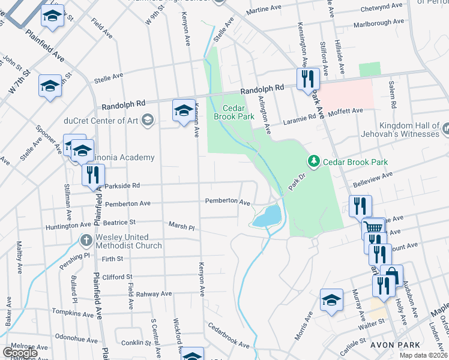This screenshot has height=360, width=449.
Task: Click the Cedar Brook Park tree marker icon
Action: click(x=313, y=161)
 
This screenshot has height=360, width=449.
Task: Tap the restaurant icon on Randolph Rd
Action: click(x=308, y=79)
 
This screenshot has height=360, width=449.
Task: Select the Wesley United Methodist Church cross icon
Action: click(x=85, y=241)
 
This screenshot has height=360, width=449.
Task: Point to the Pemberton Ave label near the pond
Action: click(x=228, y=202)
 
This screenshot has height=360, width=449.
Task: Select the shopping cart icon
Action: click(x=373, y=228)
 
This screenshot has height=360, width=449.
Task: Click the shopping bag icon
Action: click(x=391, y=276)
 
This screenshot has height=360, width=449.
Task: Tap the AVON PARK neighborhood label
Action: click(x=391, y=345)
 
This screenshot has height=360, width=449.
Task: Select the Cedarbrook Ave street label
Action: click(x=229, y=336)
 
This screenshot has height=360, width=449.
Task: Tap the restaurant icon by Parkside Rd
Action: click(x=93, y=175)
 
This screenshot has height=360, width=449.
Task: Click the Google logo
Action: click(x=20, y=353)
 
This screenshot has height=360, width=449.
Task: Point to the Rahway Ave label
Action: click(x=154, y=294)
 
